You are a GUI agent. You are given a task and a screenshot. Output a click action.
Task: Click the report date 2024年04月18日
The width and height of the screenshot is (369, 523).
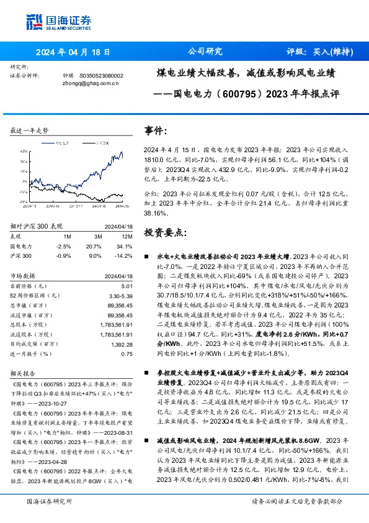click(73, 52)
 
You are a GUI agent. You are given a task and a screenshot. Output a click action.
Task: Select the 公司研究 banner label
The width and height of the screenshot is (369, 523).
click(205, 52)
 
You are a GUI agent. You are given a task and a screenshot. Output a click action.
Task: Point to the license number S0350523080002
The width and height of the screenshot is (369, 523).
click(102, 75)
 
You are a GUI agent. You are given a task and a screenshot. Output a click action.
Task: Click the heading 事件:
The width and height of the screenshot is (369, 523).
click(156, 130)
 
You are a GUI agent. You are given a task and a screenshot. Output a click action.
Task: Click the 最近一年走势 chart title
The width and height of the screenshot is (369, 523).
click(29, 130)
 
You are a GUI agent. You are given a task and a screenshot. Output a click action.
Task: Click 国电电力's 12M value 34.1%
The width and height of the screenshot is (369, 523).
click(125, 246)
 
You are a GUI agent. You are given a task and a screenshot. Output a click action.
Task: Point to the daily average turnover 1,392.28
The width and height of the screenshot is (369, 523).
click(122, 343)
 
